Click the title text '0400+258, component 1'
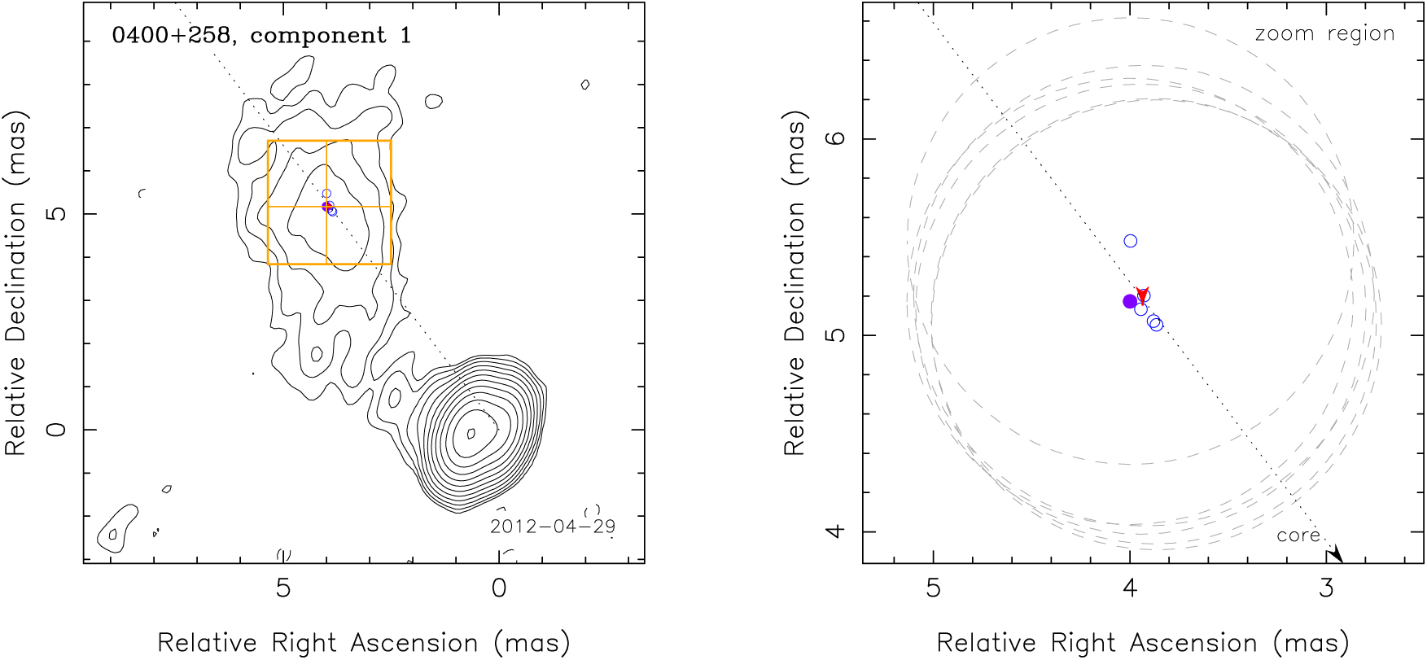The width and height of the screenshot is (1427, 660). (x=261, y=36)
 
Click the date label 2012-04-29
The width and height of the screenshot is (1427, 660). (x=552, y=527)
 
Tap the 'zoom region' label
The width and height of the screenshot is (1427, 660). (x=1324, y=34)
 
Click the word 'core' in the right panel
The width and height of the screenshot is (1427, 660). (x=1298, y=535)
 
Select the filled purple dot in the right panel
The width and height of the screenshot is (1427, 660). (x=1129, y=301)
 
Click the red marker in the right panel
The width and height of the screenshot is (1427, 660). (x=1142, y=295)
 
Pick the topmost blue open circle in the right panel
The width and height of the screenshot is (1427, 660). (x=1130, y=241)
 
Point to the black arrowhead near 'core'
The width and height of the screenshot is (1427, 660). (x=1335, y=556)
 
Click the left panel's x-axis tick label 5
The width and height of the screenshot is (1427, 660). (x=283, y=588)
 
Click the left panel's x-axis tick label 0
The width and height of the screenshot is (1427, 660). (x=499, y=588)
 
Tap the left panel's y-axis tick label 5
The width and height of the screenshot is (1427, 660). (x=57, y=214)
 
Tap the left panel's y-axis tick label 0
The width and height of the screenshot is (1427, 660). (x=57, y=429)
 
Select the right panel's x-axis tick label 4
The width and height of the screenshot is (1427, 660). (x=1130, y=588)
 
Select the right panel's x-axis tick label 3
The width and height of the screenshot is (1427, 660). (x=1327, y=588)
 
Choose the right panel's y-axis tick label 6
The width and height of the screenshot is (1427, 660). (x=836, y=138)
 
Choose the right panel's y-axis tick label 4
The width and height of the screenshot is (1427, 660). (x=836, y=531)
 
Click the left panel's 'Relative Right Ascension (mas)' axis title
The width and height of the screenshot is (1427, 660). (x=363, y=643)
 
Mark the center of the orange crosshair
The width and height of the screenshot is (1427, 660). (x=326, y=207)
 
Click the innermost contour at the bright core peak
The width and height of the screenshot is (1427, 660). (x=471, y=433)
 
